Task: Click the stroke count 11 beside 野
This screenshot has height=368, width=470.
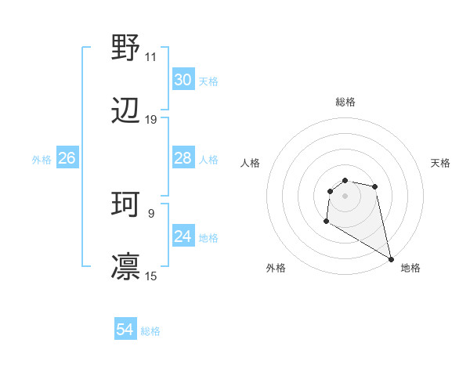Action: (x=151, y=57)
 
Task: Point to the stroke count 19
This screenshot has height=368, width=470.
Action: (x=151, y=120)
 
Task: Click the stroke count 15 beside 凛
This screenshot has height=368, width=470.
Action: (x=151, y=276)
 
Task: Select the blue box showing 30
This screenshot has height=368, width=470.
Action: (x=183, y=80)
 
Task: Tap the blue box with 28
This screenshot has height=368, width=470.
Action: (x=183, y=158)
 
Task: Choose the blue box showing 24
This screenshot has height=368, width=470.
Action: (x=183, y=236)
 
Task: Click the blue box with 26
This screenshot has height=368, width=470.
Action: (x=67, y=158)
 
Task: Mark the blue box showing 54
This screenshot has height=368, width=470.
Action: (x=125, y=330)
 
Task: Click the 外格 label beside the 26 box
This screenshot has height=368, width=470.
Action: (x=42, y=159)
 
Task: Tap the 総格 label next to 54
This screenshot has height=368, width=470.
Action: (x=150, y=331)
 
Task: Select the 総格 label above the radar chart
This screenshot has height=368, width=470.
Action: (x=345, y=102)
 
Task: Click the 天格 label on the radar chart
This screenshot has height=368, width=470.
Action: (x=440, y=163)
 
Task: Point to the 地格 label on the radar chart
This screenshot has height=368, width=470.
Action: (x=410, y=268)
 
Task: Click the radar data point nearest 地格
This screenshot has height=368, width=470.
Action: (x=390, y=258)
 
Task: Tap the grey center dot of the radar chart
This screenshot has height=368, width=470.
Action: (x=345, y=196)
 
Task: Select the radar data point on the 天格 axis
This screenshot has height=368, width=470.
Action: (x=375, y=186)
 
